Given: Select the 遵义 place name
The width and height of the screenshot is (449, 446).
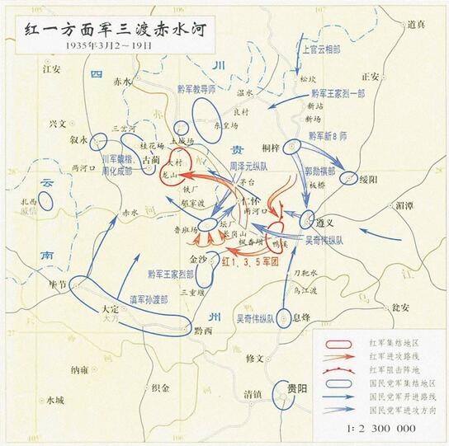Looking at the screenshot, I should (328, 223).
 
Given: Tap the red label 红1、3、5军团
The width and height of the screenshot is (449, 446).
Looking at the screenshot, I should (254, 261).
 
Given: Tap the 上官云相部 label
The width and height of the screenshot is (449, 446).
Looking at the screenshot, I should (322, 49).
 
